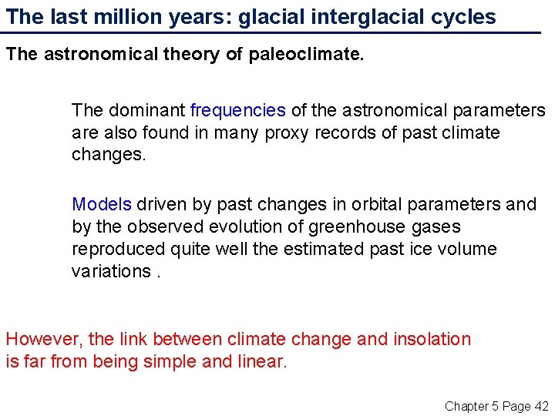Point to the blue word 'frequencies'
point(238,111)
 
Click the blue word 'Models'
point(102,204)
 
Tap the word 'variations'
point(111,271)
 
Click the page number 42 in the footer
point(541,405)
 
